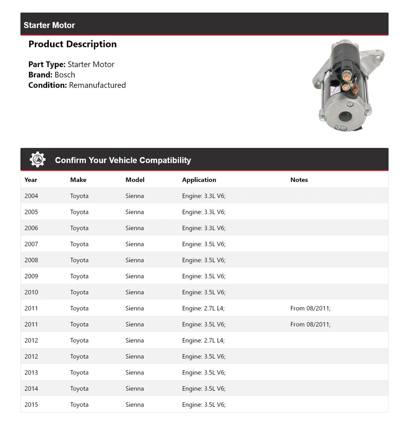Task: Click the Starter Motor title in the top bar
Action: tap(49, 25)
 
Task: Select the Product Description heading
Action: tap(73, 44)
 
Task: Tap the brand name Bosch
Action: tap(65, 75)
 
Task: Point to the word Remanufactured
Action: tap(97, 85)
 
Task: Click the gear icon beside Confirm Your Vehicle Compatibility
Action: tap(38, 160)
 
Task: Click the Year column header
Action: tap(31, 180)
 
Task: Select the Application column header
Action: tap(199, 180)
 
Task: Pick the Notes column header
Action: tap(299, 180)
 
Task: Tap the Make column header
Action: tap(78, 180)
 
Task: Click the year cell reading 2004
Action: tap(31, 196)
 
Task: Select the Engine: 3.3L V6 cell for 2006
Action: tap(204, 228)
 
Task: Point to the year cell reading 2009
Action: tap(31, 276)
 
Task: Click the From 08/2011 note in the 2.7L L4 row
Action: tap(310, 308)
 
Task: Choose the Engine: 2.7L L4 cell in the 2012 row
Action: tap(203, 340)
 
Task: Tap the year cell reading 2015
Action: tap(31, 405)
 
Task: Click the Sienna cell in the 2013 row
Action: tap(135, 372)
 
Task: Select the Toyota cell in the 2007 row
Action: tap(79, 244)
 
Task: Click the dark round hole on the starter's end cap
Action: tap(345, 117)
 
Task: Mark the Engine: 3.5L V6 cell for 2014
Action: tap(204, 389)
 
